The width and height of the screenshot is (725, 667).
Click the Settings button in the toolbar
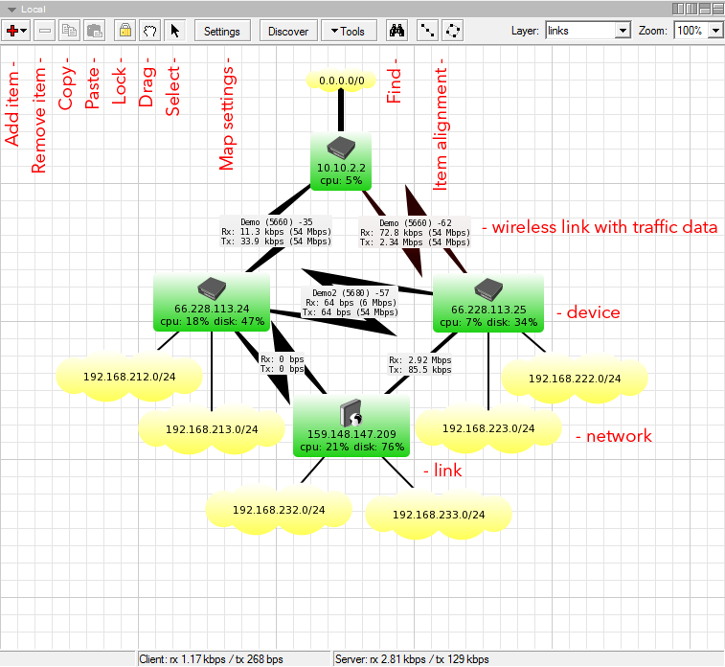(x=222, y=31)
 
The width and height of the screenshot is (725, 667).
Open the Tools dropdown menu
(x=348, y=31)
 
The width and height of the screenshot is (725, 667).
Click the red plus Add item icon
(x=16, y=31)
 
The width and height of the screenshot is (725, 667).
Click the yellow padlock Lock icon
(x=125, y=31)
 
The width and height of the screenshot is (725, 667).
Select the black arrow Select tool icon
(x=175, y=31)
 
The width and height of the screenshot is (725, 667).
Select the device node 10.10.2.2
(x=341, y=161)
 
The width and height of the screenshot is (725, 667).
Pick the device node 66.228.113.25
(x=488, y=302)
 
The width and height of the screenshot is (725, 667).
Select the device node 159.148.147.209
(x=351, y=425)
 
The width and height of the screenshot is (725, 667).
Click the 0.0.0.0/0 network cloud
(x=341, y=81)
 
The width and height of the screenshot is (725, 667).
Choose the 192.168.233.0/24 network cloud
(x=438, y=515)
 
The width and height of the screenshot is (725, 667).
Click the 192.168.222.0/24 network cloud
(x=574, y=379)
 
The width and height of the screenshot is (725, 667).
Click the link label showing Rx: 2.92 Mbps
(x=419, y=364)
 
